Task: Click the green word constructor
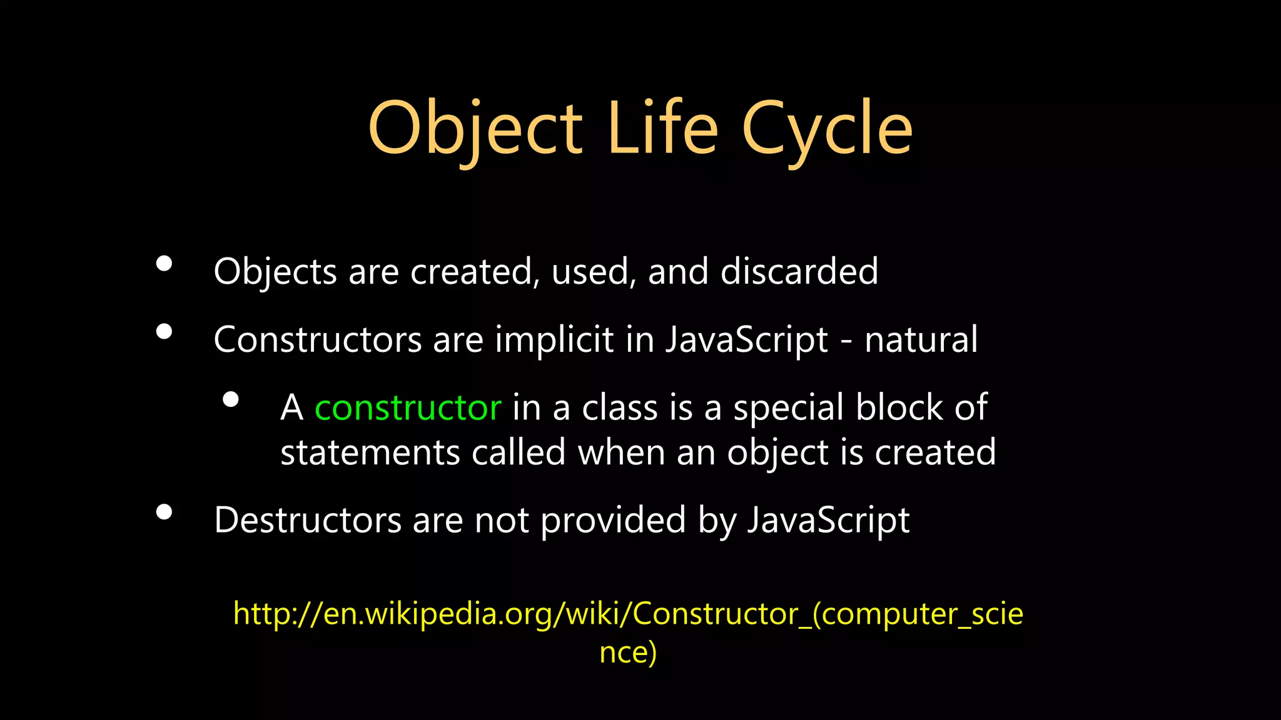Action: pos(408,408)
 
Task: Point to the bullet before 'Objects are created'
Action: pos(164,263)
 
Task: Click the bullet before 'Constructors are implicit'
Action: pos(164,331)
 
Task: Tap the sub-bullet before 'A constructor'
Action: pos(231,399)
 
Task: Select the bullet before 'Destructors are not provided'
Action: pos(164,512)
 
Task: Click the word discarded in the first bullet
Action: pos(799,271)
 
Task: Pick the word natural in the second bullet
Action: pos(921,340)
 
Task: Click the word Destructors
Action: pos(307,520)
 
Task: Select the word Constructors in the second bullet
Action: pos(318,340)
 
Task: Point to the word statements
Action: pos(370,452)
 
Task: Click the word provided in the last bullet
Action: pos(613,520)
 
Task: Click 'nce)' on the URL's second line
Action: pos(628,652)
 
